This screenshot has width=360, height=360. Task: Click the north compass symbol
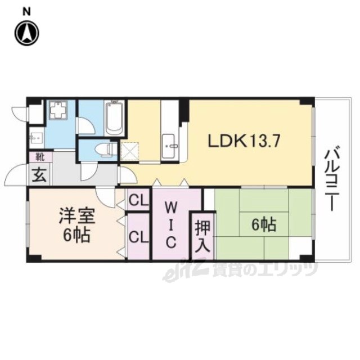click(27, 33)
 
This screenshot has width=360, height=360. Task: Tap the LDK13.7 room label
click(244, 141)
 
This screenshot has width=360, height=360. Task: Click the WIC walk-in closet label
click(171, 226)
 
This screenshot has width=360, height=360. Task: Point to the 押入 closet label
click(203, 236)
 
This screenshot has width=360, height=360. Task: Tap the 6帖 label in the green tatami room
click(264, 225)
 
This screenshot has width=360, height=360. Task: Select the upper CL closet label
click(139, 200)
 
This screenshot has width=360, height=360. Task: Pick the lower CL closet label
click(139, 236)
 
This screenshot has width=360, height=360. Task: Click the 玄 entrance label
click(40, 175)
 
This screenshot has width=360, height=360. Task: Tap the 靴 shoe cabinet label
click(40, 157)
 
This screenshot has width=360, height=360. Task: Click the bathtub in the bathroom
click(114, 119)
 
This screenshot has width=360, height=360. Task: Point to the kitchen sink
click(169, 146)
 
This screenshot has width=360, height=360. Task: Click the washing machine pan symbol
click(58, 110)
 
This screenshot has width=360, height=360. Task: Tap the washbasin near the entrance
click(36, 138)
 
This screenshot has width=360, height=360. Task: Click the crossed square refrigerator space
click(129, 151)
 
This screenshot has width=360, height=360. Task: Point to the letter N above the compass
click(26, 12)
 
